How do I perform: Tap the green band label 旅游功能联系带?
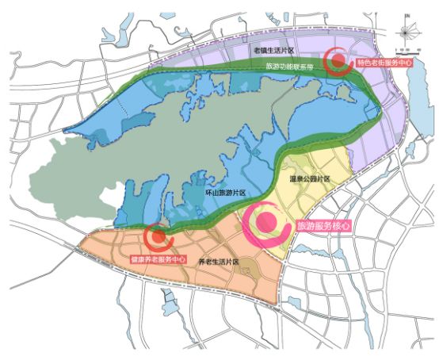click(x=292, y=67)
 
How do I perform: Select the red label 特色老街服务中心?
click(x=384, y=62)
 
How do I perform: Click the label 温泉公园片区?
click(x=309, y=181)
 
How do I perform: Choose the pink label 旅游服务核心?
click(x=325, y=226)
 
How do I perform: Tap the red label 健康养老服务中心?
click(x=158, y=259)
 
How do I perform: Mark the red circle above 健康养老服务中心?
click(x=159, y=235)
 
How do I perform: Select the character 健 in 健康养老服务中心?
click(x=134, y=259)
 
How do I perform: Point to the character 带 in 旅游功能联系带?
click(x=314, y=67)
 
